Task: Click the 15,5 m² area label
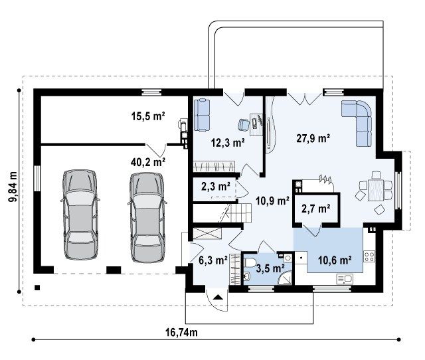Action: (x=148, y=116)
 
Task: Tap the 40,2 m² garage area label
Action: (x=148, y=162)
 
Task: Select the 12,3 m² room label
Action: (x=228, y=142)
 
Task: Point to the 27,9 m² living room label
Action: (x=313, y=138)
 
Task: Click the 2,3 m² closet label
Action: (x=216, y=186)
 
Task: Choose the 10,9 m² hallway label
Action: (x=272, y=201)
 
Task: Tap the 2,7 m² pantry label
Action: (x=316, y=209)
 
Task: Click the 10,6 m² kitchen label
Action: (x=335, y=260)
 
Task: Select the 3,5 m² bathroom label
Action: (x=270, y=268)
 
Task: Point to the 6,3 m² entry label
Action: (x=212, y=260)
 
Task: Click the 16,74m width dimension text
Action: (x=181, y=332)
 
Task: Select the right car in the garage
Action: (x=147, y=217)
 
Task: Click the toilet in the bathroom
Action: (x=250, y=262)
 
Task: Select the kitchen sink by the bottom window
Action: (x=344, y=278)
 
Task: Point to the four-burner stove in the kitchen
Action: (x=369, y=256)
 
